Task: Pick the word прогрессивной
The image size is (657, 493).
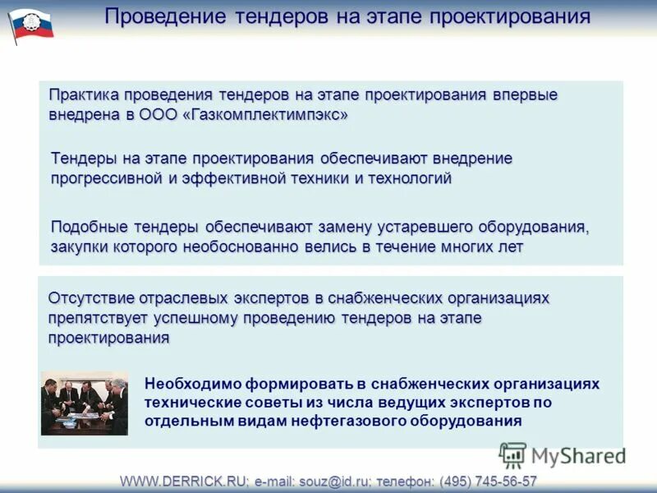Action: pos(109,177)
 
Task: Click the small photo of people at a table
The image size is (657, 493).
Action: pos(85,403)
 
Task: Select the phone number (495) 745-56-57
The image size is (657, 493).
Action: pos(489,481)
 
